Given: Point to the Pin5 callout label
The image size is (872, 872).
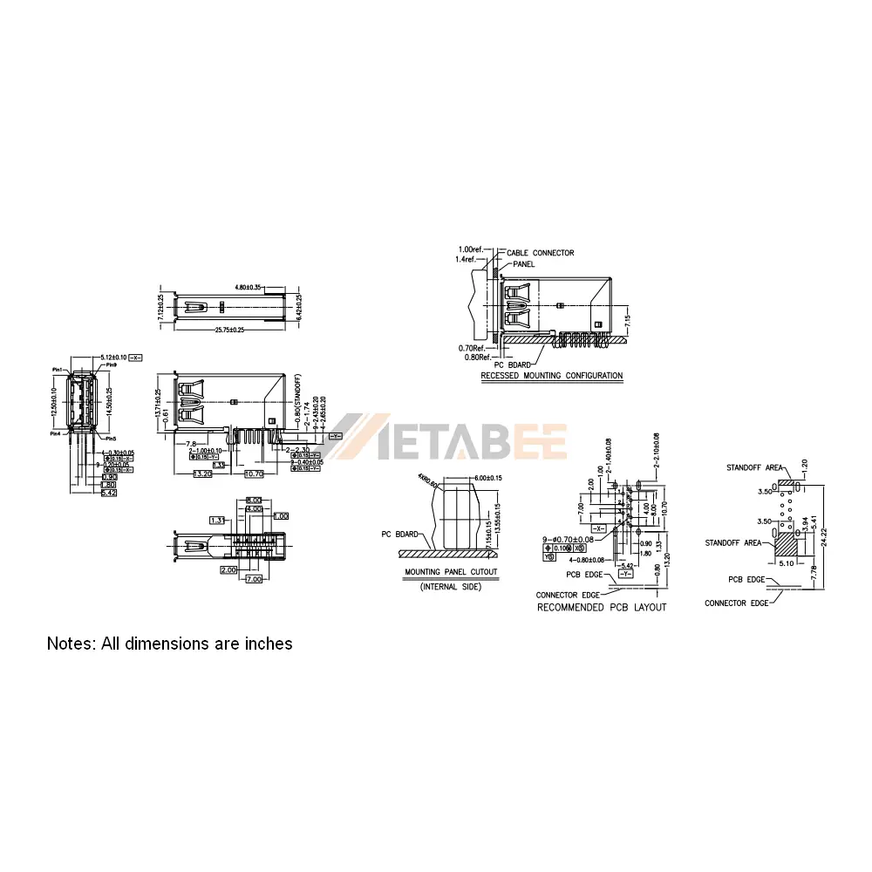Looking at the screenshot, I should click(x=111, y=438).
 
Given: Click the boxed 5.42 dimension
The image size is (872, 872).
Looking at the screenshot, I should click(x=109, y=493).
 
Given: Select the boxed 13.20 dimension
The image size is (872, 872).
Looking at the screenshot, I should click(x=202, y=473).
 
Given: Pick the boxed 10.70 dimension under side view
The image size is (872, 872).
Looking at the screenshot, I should click(x=253, y=473).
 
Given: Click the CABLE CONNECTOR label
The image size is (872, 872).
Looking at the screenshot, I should click(x=541, y=253).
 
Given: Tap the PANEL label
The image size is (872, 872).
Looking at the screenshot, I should click(x=524, y=263).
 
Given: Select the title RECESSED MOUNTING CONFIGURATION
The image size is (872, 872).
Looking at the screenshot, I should click(x=552, y=376).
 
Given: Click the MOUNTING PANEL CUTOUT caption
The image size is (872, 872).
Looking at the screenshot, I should click(x=451, y=573).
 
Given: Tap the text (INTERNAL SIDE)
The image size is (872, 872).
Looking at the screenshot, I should click(x=451, y=587).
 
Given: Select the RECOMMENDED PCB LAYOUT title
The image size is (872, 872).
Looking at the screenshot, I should click(x=602, y=607).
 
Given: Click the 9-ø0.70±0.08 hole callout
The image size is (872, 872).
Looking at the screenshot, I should click(x=569, y=539).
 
